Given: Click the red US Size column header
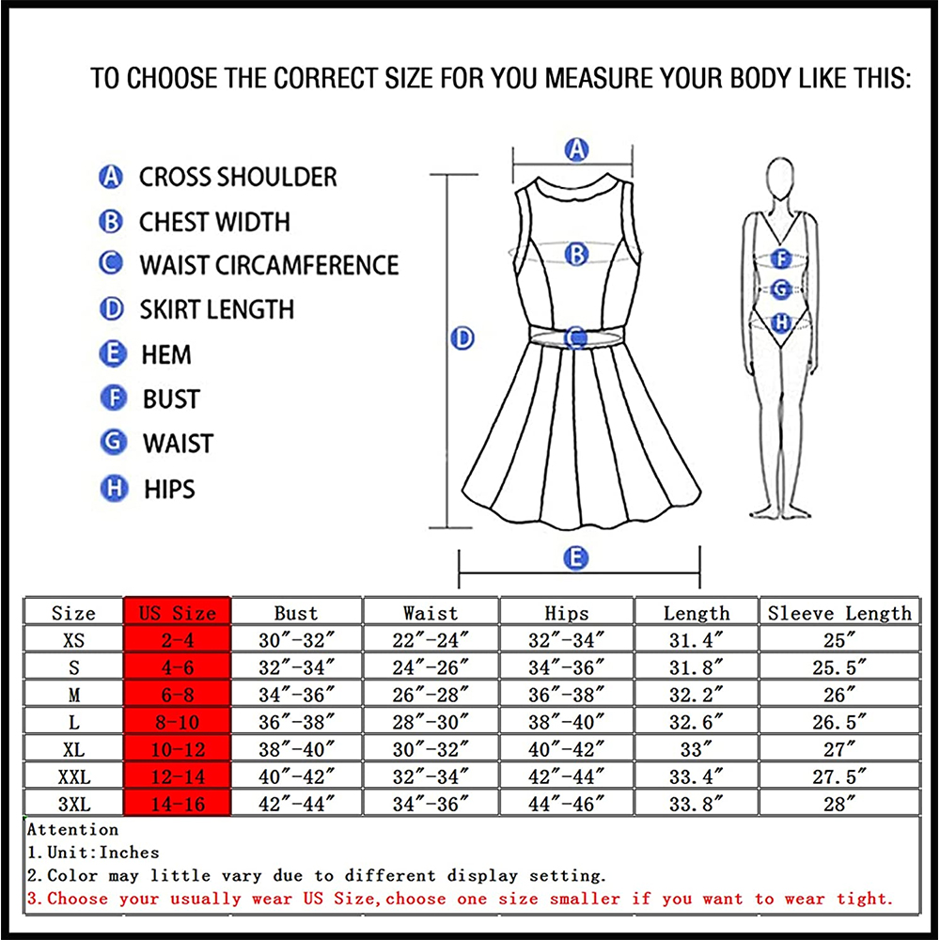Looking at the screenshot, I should click(x=177, y=613).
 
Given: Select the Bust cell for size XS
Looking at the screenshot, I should click(x=296, y=641).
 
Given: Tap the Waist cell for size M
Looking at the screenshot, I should click(x=431, y=696).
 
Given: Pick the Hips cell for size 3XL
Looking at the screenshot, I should click(x=567, y=805).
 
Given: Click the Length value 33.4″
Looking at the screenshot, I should click(x=696, y=777).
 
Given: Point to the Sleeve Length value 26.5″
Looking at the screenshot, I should click(x=838, y=723).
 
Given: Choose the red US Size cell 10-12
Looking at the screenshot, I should click(x=177, y=750).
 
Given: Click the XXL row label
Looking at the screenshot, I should click(x=73, y=777).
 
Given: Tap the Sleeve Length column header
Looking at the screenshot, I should click(x=838, y=613).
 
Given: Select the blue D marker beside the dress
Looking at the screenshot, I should click(x=462, y=338).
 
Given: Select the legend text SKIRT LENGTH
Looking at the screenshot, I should click(x=216, y=309).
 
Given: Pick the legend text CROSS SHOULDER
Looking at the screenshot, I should click(x=238, y=177).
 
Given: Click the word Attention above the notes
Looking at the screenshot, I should click(x=73, y=830).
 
